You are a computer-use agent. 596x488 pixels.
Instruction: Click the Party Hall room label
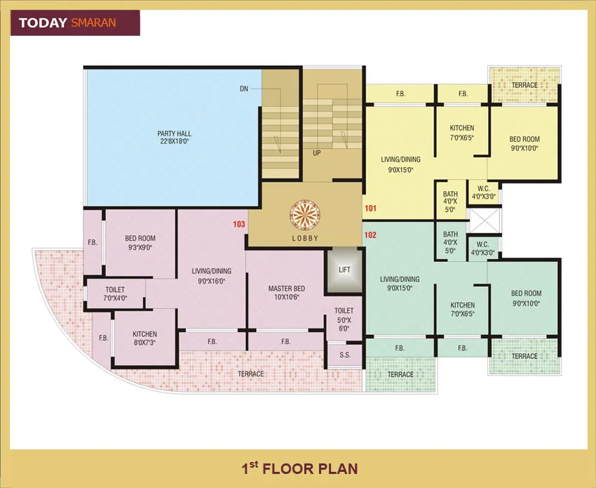[174, 137]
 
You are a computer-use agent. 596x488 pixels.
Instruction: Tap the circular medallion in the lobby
[305, 213]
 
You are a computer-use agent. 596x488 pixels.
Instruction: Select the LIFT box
[344, 270]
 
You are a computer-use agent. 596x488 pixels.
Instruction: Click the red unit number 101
[370, 208]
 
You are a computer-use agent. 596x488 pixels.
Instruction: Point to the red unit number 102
[370, 236]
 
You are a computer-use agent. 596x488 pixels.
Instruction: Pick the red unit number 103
[239, 225]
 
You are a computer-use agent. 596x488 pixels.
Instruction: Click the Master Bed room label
[286, 292]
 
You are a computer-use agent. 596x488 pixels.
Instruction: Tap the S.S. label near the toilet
[345, 355]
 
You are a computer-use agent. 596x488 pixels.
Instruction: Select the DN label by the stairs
[244, 89]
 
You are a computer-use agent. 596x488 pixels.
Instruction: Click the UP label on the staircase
[317, 152]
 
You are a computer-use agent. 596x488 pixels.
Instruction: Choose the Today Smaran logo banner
[74, 22]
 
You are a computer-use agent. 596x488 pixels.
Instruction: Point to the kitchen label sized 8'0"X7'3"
[144, 338]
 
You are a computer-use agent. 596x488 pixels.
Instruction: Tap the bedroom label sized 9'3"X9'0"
[140, 242]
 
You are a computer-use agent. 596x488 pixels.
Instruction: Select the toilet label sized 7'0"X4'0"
[115, 294]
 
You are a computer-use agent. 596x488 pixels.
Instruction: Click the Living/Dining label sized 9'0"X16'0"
[212, 275]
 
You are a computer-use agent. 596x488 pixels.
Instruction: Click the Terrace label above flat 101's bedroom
[524, 85]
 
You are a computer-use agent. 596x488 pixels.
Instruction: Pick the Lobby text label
[305, 238]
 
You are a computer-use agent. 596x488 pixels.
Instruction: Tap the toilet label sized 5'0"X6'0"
[344, 319]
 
